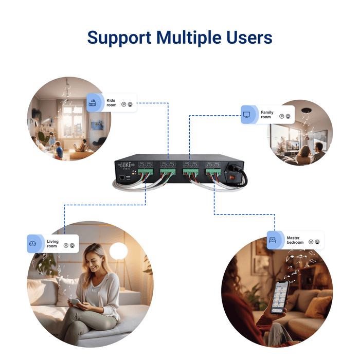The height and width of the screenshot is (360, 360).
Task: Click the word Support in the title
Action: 119,38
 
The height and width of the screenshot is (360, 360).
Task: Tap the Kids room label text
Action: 112,102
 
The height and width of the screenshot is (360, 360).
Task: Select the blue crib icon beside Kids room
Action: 93,102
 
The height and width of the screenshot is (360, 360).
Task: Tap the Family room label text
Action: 266,115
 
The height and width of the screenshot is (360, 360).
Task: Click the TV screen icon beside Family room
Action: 247,115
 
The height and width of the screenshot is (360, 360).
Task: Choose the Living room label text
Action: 52,244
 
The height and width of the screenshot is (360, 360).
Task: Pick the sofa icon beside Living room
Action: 33,244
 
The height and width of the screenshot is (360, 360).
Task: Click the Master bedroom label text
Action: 295,240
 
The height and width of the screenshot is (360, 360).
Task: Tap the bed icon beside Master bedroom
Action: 275,240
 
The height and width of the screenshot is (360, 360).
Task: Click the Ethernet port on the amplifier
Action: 121,177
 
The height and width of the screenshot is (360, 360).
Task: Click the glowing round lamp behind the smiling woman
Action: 119,250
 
